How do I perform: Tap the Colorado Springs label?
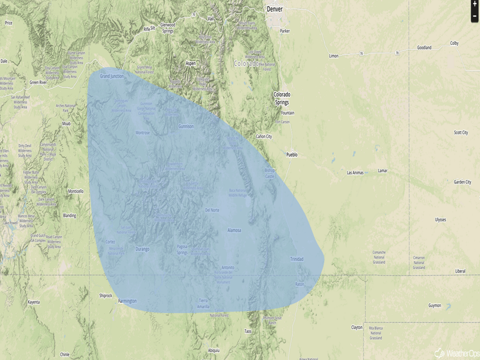click(282, 98)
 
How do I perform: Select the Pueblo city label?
click(292, 154)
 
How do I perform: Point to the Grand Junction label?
click(112, 76)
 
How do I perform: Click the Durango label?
click(142, 249)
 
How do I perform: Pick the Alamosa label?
click(234, 230)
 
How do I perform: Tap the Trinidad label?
click(296, 259)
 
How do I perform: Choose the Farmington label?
click(127, 301)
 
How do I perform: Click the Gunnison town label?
click(186, 126)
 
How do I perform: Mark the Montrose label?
click(142, 132)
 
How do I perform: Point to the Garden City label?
click(462, 182)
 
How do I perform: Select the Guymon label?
click(435, 305)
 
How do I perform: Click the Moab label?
click(66, 124)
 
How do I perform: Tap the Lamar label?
click(382, 171)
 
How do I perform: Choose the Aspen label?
click(190, 63)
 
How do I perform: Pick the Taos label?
click(248, 331)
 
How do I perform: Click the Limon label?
click(333, 56)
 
